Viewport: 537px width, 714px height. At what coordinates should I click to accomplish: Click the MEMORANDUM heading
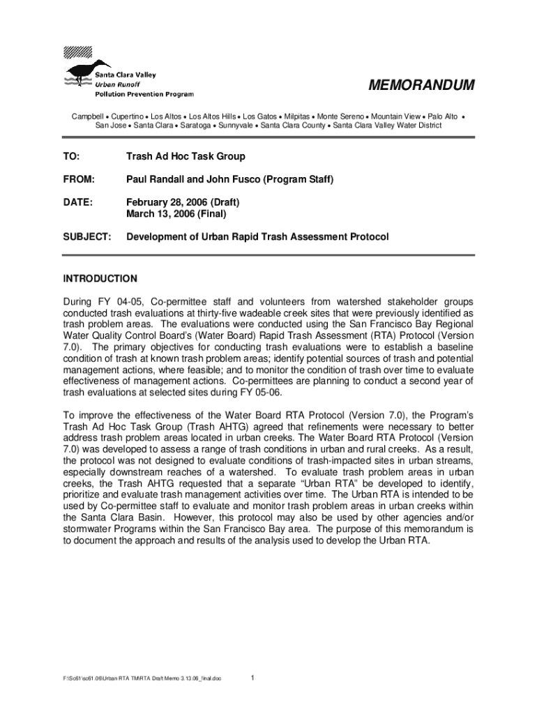tap(422, 86)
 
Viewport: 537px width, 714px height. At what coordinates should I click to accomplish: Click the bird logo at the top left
tap(87, 70)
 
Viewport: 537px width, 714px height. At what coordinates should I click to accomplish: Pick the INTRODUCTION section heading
tap(100, 279)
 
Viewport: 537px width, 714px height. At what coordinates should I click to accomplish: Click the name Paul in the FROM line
tap(137, 180)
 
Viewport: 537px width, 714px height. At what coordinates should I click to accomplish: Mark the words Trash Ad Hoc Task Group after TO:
tap(186, 157)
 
